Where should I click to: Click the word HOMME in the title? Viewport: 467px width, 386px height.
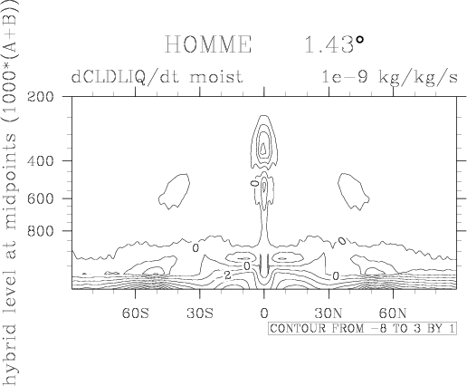pyautogui.click(x=208, y=44)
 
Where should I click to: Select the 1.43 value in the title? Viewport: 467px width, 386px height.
pyautogui.click(x=329, y=44)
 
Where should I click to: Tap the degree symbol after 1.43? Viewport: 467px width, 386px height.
pyautogui.click(x=359, y=40)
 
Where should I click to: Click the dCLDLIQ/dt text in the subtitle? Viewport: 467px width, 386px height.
pyautogui.click(x=125, y=77)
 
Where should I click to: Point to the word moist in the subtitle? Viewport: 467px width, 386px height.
pyautogui.click(x=216, y=77)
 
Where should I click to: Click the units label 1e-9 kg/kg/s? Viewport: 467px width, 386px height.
pyautogui.click(x=389, y=77)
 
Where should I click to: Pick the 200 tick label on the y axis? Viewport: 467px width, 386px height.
pyautogui.click(x=41, y=97)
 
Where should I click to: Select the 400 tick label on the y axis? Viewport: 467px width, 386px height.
pyautogui.click(x=41, y=160)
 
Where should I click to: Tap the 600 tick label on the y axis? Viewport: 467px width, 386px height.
pyautogui.click(x=41, y=198)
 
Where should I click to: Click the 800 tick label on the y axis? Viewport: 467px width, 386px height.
pyautogui.click(x=41, y=231)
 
